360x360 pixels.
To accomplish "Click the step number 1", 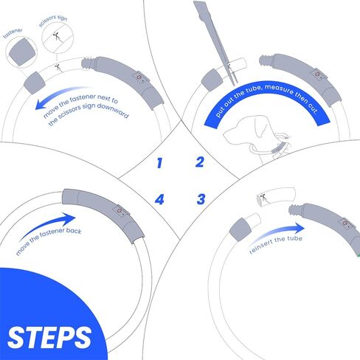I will pyautogui.click(x=159, y=162).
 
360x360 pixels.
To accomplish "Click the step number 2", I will pyautogui.click(x=199, y=162).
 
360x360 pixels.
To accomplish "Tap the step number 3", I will pyautogui.click(x=200, y=198).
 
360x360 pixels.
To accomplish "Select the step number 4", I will pyautogui.click(x=159, y=198).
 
